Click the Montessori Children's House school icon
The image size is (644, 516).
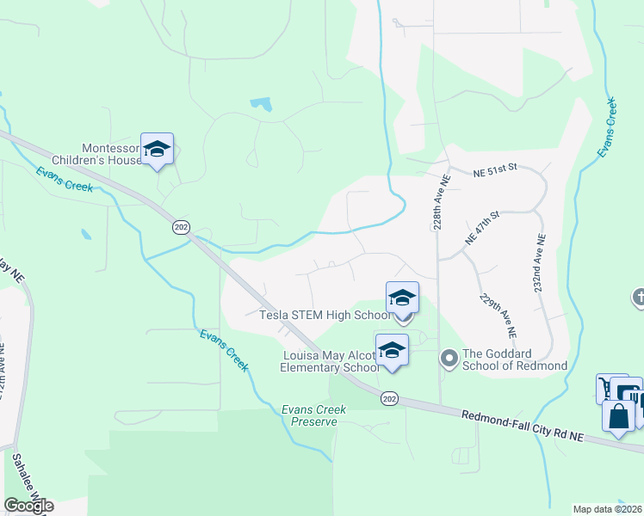157,150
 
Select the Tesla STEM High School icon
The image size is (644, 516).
402,298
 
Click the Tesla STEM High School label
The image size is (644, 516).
325,315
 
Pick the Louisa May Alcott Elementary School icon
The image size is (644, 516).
392,351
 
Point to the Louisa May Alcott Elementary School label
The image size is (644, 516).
331,361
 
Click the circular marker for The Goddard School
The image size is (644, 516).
448,356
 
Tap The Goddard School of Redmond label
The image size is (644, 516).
515,359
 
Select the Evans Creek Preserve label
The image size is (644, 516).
313,416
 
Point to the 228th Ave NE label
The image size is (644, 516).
439,202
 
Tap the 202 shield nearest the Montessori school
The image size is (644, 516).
181,227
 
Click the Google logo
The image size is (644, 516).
28,506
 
